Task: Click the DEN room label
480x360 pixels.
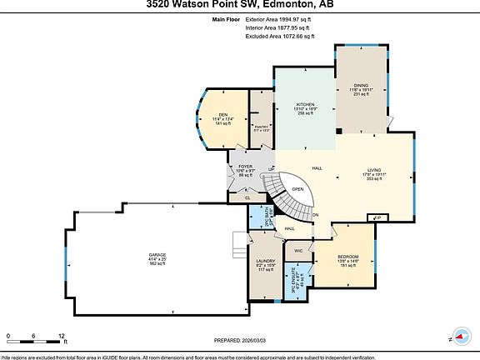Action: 222,114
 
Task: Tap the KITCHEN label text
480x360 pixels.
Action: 304,105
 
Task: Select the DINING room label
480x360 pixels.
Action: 361,85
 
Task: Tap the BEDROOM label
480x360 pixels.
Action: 347,256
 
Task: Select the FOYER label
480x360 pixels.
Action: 245,166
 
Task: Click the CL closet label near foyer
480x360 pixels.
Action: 247,197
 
